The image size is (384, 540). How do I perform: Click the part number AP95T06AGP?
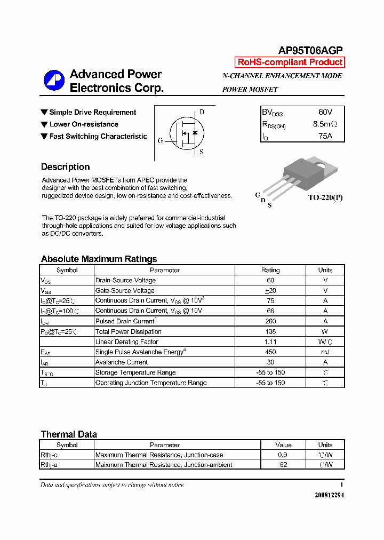[x=310, y=50]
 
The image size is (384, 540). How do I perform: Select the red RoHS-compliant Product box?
[x=290, y=62]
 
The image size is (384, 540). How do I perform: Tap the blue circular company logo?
[x=54, y=81]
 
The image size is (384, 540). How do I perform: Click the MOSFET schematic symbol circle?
[x=186, y=133]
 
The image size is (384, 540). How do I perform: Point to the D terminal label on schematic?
[x=202, y=113]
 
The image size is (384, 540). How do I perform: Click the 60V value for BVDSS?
[x=325, y=112]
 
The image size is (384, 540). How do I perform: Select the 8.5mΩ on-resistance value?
[x=325, y=124]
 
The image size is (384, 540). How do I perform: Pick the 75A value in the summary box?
[x=325, y=136]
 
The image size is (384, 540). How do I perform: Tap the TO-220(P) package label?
[x=325, y=197]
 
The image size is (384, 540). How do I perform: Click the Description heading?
[x=65, y=167]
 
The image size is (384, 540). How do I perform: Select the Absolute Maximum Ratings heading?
[x=99, y=259]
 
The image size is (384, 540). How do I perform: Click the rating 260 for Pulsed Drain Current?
[x=270, y=321]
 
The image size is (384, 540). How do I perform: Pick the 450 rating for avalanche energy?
[x=270, y=352]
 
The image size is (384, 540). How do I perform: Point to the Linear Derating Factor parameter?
[x=126, y=342]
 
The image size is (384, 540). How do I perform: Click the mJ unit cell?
[x=325, y=352]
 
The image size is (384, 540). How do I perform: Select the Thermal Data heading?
[x=69, y=434]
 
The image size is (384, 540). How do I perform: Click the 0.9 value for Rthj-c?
[x=283, y=455]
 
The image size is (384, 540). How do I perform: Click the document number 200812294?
[x=329, y=495]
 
